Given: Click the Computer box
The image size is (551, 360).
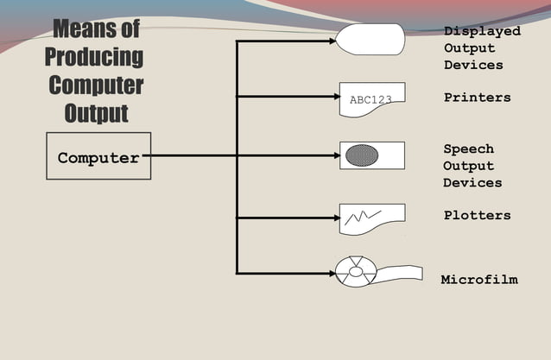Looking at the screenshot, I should coord(98,156).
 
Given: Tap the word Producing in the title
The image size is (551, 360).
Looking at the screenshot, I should coord(94,59).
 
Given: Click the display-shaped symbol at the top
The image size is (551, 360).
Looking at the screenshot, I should coord(370,39).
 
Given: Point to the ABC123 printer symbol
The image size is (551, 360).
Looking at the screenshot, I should coord(372,99).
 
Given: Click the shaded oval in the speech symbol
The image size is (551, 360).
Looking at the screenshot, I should coord(362,155).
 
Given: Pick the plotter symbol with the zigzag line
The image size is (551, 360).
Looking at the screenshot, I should coord(372,218).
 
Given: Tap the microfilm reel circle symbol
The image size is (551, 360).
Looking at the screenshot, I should coord(355,272).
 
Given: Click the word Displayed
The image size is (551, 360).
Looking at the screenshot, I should coord(482,31).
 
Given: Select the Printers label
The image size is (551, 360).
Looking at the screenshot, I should coord(477,98).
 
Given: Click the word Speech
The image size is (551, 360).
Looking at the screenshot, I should coord(468,149).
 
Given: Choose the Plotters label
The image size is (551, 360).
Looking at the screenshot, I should coord(477,215).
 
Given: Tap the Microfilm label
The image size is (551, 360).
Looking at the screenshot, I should coord(478,280).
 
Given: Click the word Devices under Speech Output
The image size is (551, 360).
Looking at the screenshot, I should coord(472,183).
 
